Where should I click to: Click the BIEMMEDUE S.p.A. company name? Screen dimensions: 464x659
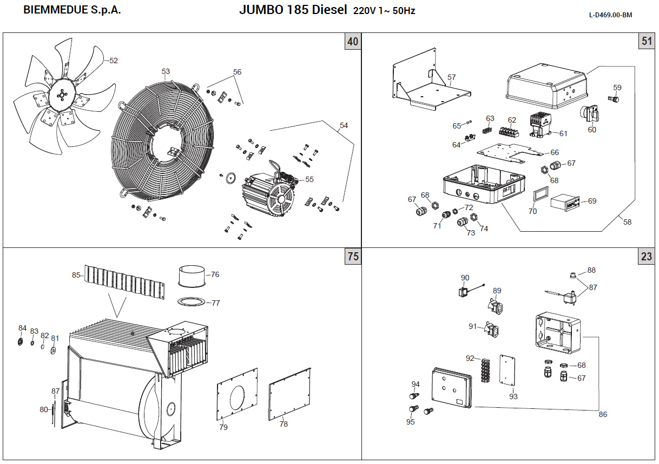(72, 11)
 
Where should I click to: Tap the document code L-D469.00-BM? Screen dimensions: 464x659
(610, 15)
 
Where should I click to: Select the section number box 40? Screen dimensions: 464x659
(353, 42)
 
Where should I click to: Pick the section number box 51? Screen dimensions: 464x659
(647, 42)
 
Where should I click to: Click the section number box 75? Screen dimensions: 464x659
(353, 257)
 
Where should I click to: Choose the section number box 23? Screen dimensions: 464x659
(647, 257)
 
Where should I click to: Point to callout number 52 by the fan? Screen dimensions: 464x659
(113, 61)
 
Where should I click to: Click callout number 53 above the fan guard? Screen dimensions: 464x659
(166, 71)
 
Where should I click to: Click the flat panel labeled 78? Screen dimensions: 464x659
(289, 394)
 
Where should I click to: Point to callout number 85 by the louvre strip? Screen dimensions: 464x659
(76, 275)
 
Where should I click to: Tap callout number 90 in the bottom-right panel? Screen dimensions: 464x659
(465, 278)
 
